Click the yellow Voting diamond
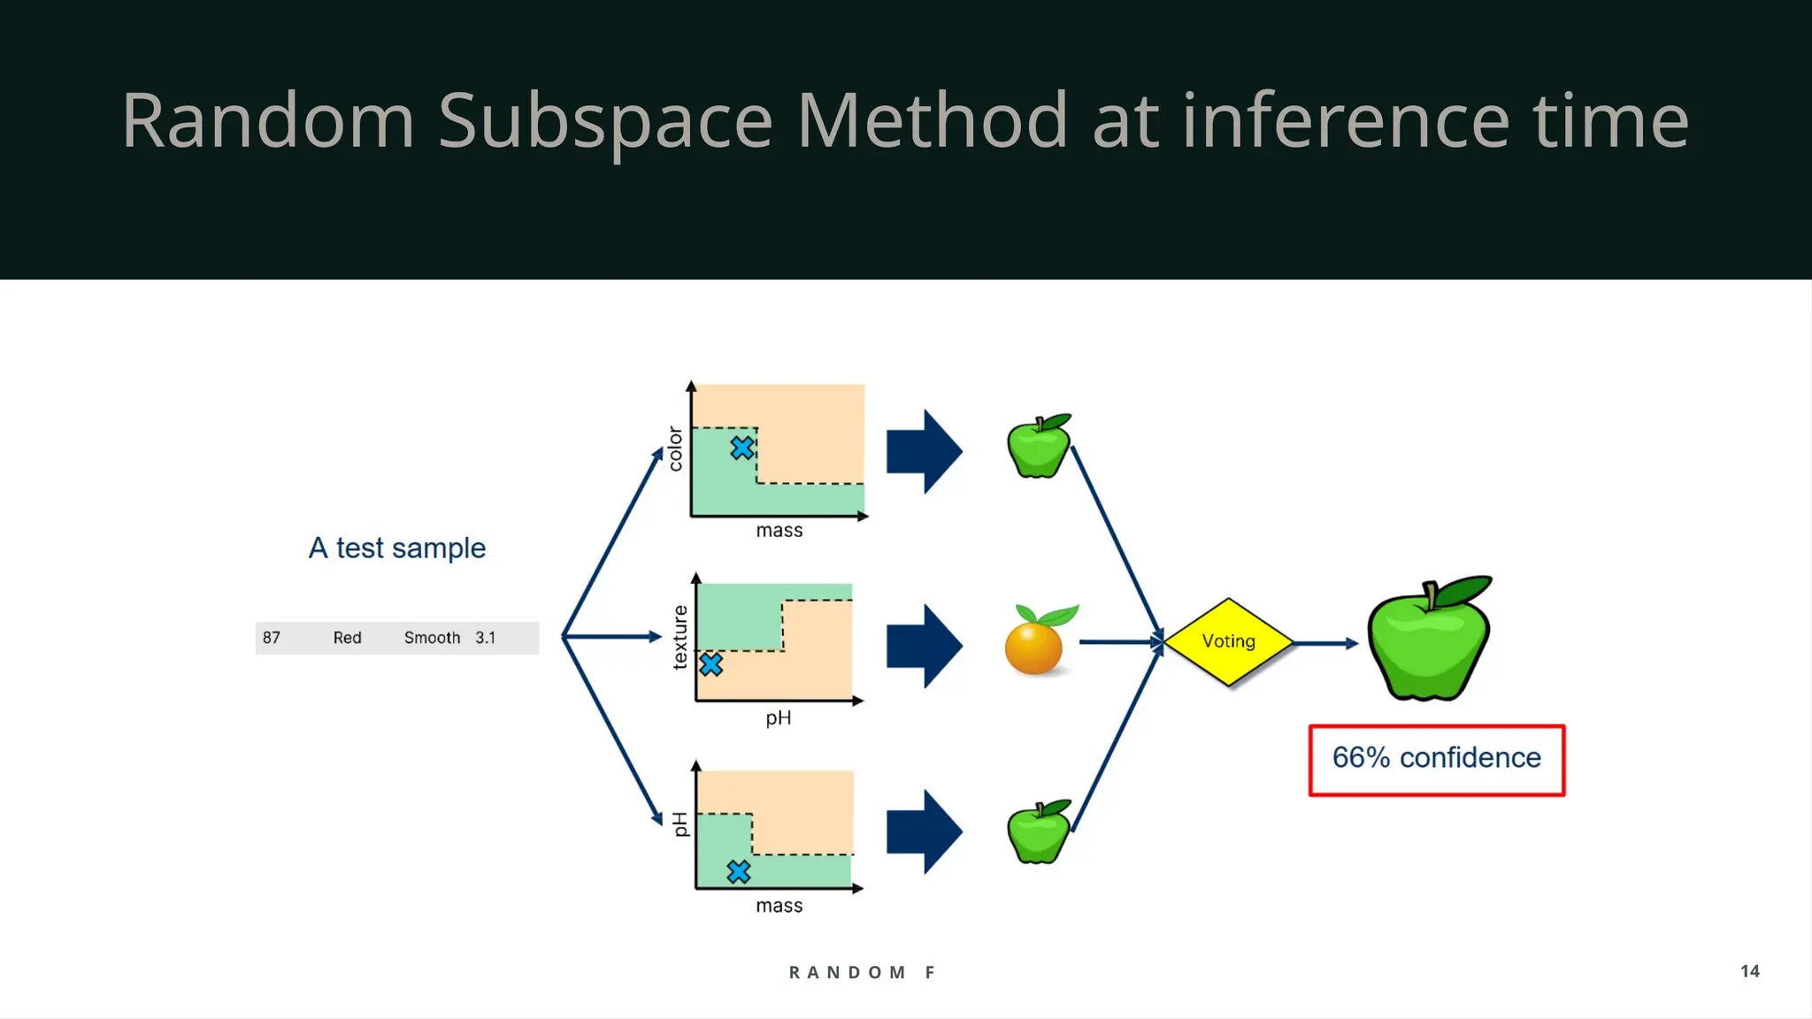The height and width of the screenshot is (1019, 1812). coord(1228,641)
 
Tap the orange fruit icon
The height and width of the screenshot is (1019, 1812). coord(1034,644)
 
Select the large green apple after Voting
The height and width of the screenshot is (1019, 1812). coord(1428,640)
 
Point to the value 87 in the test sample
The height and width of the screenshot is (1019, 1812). coord(272,638)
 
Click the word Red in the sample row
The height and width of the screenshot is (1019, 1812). coord(347,638)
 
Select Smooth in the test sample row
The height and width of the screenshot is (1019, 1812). coord(432,638)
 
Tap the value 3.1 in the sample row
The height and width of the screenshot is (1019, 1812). coord(485,638)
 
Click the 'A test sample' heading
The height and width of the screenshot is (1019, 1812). coord(396,548)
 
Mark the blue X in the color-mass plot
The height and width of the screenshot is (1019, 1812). coord(742,448)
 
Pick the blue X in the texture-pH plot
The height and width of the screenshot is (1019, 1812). coord(710,664)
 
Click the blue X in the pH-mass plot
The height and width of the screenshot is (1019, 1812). coord(739,872)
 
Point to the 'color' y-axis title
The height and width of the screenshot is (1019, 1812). coord(676,448)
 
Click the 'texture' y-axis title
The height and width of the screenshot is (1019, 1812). coord(679,638)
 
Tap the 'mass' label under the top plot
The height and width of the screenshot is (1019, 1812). coord(779,531)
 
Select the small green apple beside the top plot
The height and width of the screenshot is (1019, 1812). coord(1039,447)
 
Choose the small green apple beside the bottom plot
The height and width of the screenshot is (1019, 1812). coord(1039,832)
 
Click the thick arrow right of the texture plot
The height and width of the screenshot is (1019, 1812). coord(924,646)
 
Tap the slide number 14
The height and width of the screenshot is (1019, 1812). coord(1749,971)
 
